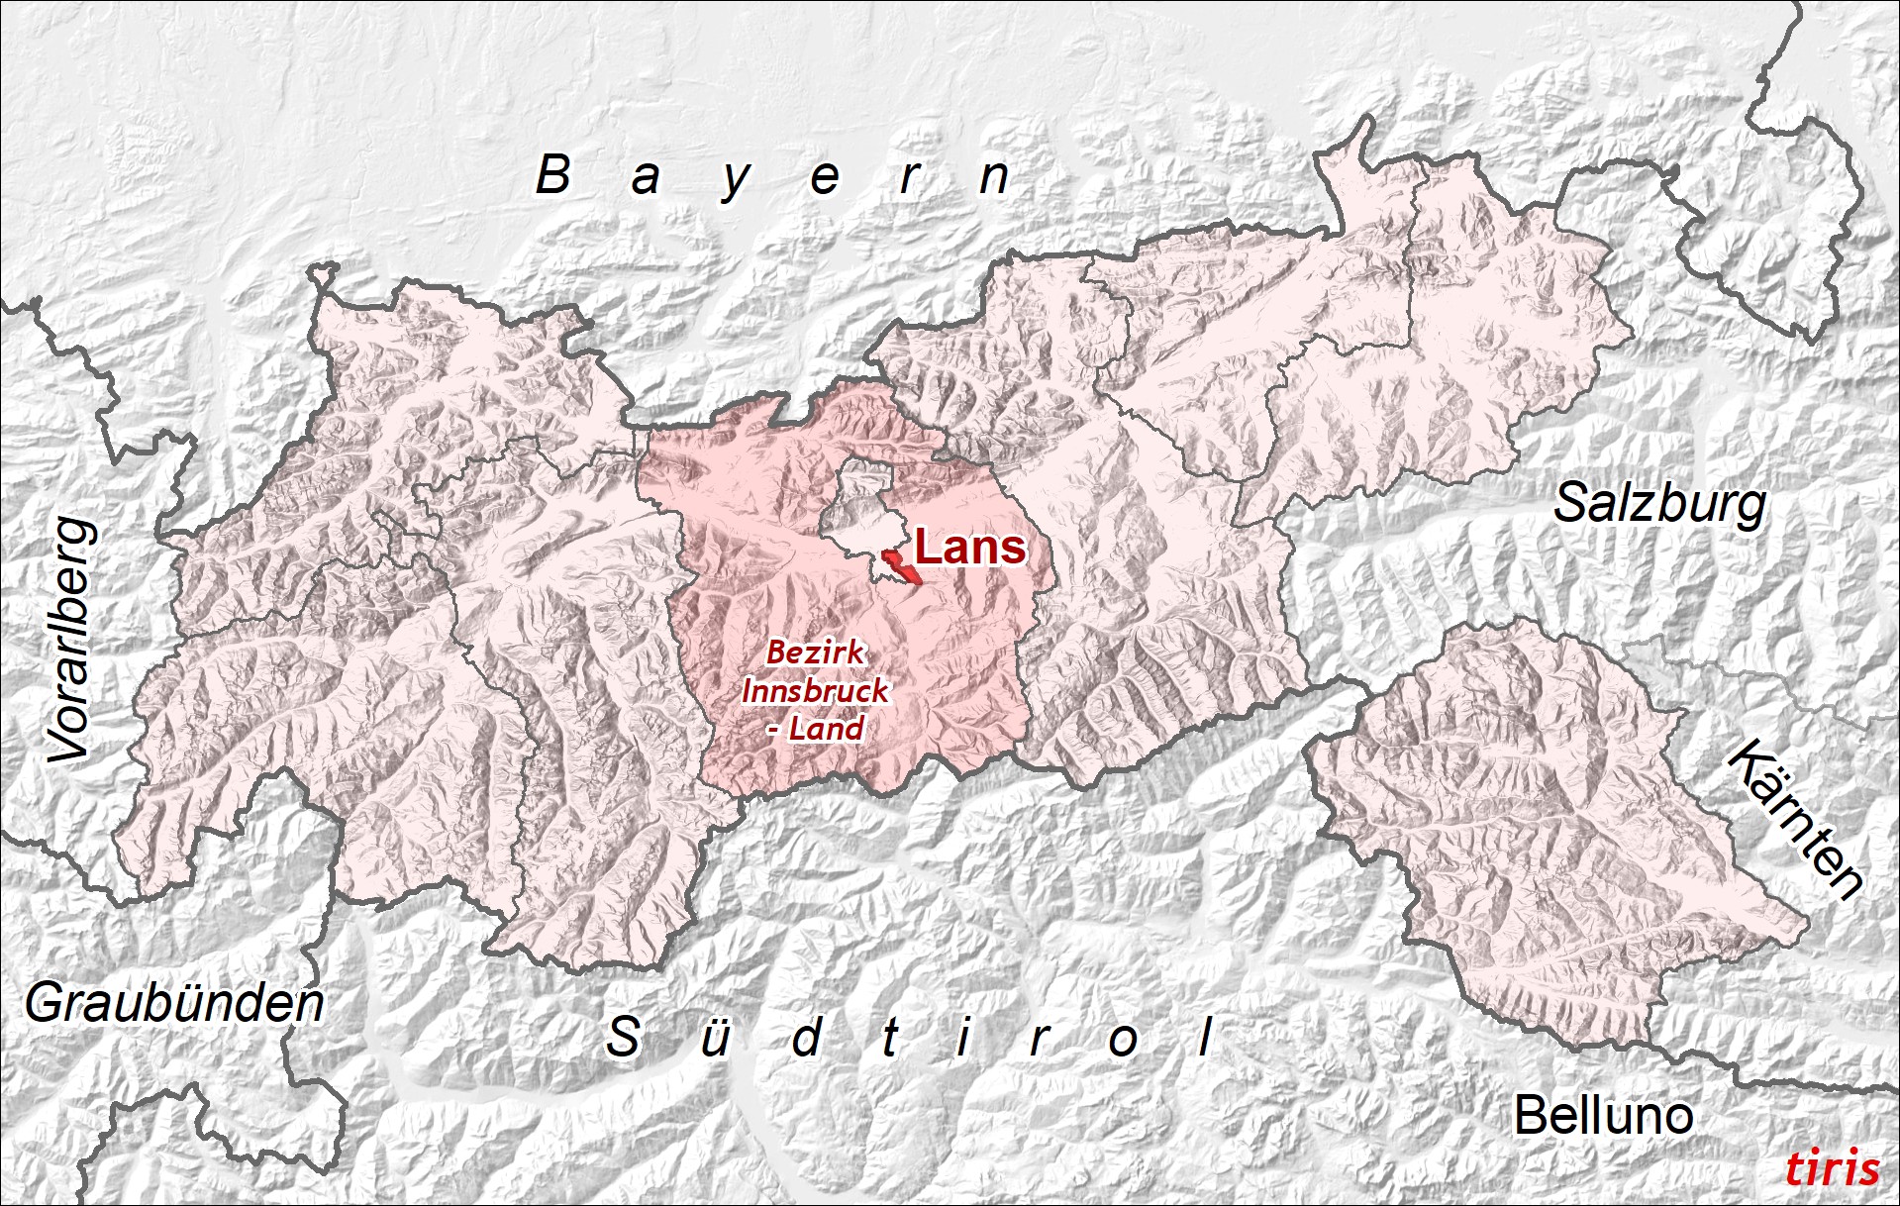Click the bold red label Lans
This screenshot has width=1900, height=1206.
tap(969, 547)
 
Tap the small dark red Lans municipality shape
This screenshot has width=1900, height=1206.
tap(902, 568)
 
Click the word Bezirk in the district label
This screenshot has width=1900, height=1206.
tap(815, 652)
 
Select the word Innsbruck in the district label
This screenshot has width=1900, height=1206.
tap(815, 690)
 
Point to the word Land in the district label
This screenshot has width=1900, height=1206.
tap(827, 729)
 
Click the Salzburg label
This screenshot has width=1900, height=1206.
tap(1659, 504)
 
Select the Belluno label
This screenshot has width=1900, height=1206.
tap(1603, 1116)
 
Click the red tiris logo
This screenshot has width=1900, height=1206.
tap(1832, 1168)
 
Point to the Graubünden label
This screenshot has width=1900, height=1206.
tap(174, 1003)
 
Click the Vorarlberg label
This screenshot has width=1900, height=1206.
tap(72, 640)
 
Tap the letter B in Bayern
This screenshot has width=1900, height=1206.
tap(553, 175)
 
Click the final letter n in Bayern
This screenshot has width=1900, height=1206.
tap(993, 178)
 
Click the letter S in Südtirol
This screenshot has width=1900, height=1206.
tap(624, 1037)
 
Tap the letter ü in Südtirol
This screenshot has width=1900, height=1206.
tap(715, 1038)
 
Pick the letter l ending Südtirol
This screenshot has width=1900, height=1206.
tap(1205, 1037)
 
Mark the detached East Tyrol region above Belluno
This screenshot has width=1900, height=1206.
tap(1545, 842)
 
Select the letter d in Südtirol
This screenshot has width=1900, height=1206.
tap(807, 1038)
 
